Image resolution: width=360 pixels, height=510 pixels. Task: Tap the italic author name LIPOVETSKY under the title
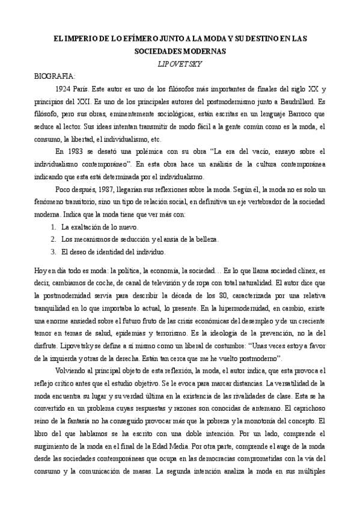pos(180,63)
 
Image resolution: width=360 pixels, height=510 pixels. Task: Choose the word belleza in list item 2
pos(205,239)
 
